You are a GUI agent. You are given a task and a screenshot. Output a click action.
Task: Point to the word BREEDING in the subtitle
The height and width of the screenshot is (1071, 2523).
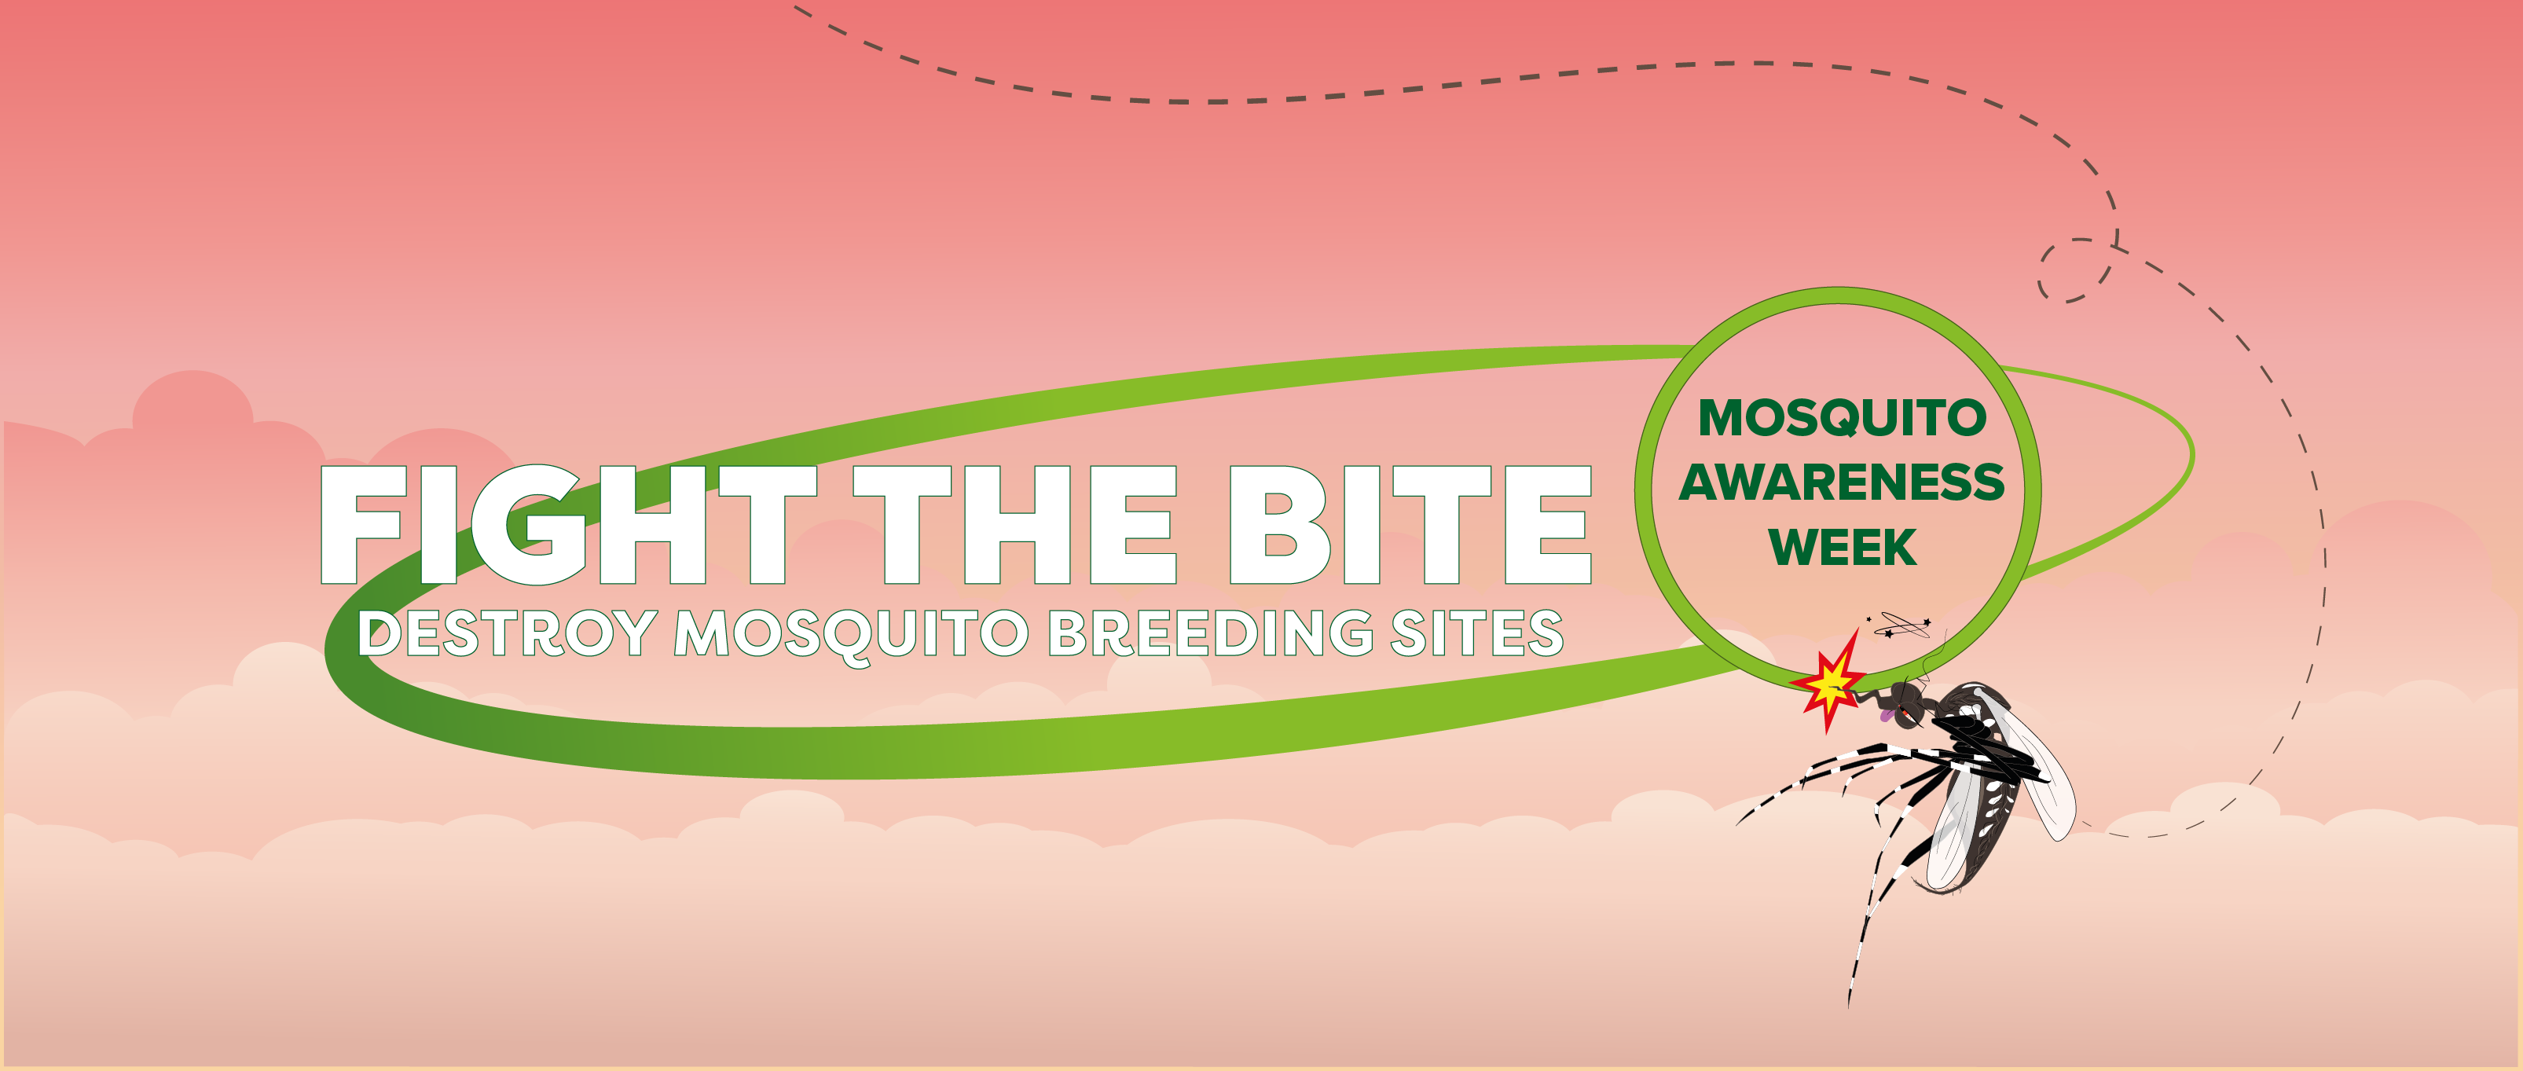click(1212, 633)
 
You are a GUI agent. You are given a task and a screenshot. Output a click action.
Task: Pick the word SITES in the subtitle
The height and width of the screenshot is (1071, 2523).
click(1477, 633)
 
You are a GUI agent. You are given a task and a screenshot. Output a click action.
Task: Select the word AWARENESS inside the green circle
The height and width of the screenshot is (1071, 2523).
click(1841, 482)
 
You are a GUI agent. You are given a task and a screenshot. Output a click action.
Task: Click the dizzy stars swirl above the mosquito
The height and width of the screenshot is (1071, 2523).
click(1900, 625)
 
